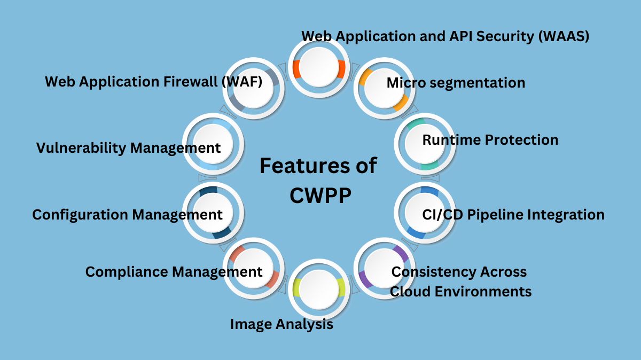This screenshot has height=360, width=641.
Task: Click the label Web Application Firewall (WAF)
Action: [x=153, y=82]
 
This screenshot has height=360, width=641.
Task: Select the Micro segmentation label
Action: [x=456, y=83]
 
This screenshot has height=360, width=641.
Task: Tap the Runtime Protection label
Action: [x=490, y=140]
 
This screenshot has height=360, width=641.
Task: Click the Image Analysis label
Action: [x=282, y=324]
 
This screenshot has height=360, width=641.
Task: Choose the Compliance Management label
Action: [x=174, y=272]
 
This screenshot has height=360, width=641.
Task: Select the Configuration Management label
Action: [x=127, y=215]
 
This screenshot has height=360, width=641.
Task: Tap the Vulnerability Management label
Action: [x=128, y=148]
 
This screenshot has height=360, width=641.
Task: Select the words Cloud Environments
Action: [x=460, y=292]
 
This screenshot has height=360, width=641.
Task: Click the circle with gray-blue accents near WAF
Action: [x=254, y=88]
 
